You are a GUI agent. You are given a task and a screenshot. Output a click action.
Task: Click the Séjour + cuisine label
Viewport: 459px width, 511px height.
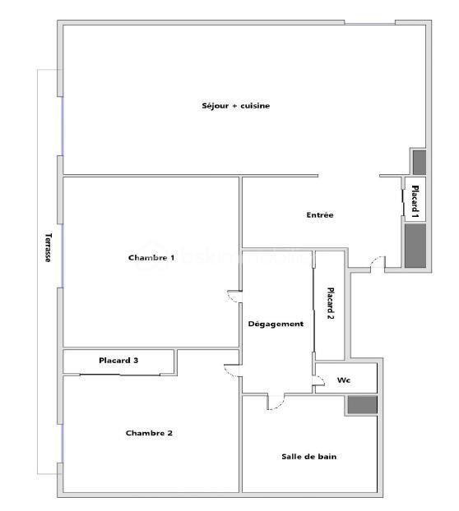click(x=236, y=105)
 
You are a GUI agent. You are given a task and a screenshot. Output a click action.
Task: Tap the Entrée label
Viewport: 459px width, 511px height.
click(x=319, y=215)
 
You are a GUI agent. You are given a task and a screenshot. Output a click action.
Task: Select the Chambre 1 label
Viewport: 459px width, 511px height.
click(x=151, y=258)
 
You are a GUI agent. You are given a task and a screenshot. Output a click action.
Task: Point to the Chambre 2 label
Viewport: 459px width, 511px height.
click(x=149, y=433)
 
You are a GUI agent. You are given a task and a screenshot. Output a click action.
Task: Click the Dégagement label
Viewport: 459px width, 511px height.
click(x=276, y=324)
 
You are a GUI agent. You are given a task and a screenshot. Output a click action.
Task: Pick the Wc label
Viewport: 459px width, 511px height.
click(x=343, y=380)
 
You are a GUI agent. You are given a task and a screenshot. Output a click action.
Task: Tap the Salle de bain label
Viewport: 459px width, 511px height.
click(x=309, y=457)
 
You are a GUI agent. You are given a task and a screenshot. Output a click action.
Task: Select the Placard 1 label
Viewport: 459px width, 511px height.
click(x=415, y=200)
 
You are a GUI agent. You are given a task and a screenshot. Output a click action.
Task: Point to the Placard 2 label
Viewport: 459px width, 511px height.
click(x=331, y=302)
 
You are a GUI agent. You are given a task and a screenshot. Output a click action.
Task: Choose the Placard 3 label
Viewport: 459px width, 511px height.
click(x=118, y=360)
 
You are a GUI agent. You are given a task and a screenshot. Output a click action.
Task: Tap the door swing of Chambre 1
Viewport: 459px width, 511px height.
click(x=233, y=297)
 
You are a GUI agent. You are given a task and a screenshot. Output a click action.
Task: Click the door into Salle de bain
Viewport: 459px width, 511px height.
click(x=276, y=402)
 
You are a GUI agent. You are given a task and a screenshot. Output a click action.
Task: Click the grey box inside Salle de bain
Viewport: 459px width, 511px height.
click(x=361, y=404)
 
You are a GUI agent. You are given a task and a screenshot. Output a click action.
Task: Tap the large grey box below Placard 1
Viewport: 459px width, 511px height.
click(x=414, y=245)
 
